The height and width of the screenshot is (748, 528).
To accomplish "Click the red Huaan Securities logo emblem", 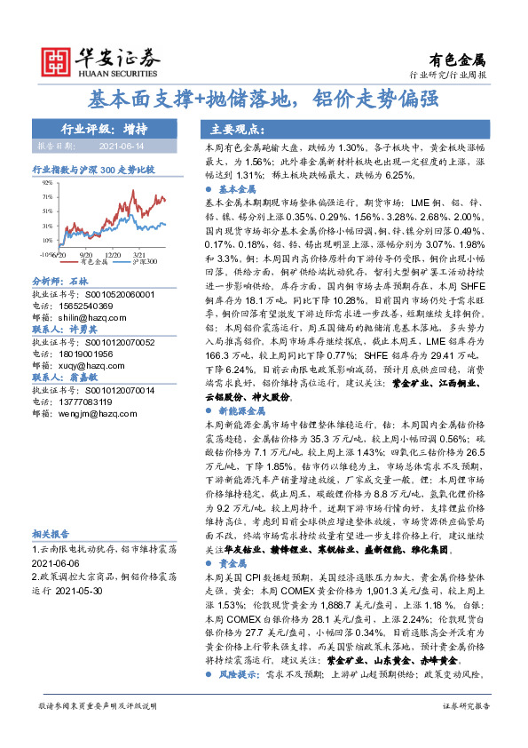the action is click(56, 60).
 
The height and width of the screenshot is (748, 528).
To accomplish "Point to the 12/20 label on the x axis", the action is click(113, 253).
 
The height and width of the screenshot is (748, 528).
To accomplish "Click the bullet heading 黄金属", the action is click(231, 563).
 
